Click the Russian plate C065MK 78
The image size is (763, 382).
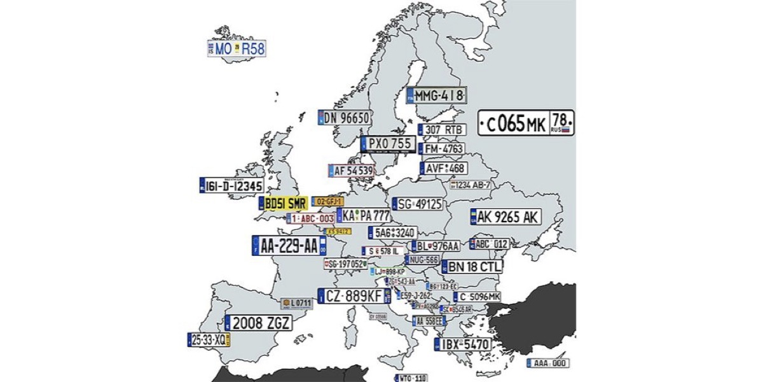(526, 122)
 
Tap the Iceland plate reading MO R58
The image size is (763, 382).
(237, 48)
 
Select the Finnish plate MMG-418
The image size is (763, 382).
(437, 96)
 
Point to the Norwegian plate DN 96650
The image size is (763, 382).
(345, 118)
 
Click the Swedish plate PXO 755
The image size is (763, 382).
(387, 144)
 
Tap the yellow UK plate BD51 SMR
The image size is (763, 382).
(283, 204)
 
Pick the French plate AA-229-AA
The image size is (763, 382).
(289, 246)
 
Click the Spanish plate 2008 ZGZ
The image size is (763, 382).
(259, 323)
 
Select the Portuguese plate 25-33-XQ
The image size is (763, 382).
(209, 340)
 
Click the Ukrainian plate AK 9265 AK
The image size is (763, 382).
(505, 217)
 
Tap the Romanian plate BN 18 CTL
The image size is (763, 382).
(471, 267)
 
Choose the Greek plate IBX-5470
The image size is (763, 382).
(463, 345)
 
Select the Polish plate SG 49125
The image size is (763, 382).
(417, 204)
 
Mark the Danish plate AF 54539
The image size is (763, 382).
(351, 171)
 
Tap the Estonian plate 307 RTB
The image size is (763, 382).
(443, 130)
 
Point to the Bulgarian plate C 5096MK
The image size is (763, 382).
(477, 297)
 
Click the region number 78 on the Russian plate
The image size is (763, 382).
(561, 119)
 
